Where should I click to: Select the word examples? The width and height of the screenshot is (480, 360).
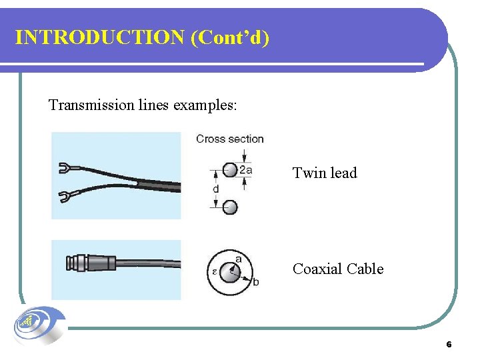point(204,105)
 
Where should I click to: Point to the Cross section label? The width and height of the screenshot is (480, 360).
point(229,139)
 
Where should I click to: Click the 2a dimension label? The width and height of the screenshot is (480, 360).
point(245,170)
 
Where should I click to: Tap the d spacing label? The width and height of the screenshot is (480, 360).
point(215,189)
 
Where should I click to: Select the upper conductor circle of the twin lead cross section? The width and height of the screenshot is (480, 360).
point(229,169)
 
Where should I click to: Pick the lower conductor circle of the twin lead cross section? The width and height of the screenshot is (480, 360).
point(229,207)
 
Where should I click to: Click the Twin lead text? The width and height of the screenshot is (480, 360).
point(325,173)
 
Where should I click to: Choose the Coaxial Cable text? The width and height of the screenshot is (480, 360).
point(338,269)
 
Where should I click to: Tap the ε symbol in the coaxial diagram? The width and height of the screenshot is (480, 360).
point(214,273)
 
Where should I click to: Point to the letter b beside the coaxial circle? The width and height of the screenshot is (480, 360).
point(255,283)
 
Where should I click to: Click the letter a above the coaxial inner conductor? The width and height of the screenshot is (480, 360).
point(238,258)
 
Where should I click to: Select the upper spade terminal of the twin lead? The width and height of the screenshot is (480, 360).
point(66,169)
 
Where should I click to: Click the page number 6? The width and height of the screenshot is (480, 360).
point(449,345)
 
